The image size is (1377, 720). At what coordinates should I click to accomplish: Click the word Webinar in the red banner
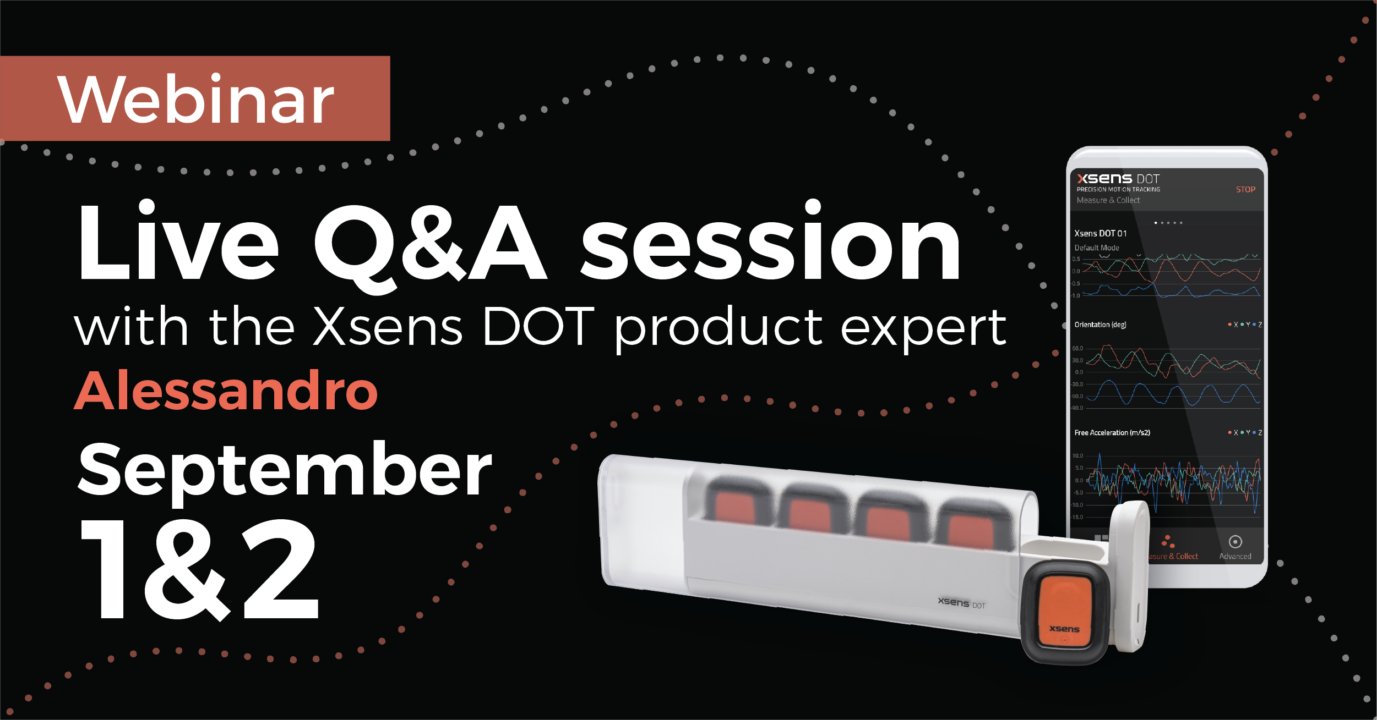coord(195,100)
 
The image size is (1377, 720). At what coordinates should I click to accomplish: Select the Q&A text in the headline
coord(430,245)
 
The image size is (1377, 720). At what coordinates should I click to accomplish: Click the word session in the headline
coord(771,245)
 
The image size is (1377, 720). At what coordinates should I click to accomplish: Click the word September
coord(285,471)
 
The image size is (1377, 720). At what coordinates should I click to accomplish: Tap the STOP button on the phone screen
coord(1245,189)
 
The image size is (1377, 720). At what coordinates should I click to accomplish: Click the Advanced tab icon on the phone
coord(1235,542)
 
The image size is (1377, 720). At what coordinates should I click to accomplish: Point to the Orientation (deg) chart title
coord(1100,325)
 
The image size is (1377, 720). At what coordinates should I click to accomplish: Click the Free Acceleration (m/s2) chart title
coord(1112,432)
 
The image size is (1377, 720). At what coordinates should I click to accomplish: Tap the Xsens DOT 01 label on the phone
coord(1100,233)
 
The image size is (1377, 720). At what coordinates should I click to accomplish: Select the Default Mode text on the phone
coord(1096,248)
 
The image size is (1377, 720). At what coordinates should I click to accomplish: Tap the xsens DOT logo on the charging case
coord(961,603)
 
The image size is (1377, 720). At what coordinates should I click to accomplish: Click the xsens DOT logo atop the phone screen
coord(1118,179)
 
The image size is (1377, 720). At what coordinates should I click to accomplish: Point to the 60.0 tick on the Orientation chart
coord(1077,348)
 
